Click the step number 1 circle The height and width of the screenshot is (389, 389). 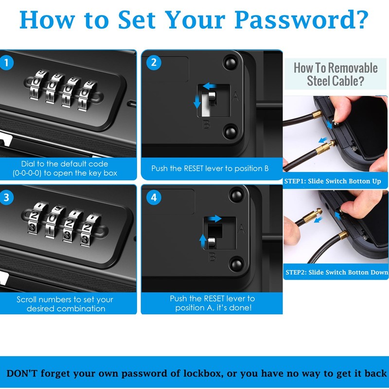tap(6, 63)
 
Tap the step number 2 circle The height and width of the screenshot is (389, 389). tap(154, 63)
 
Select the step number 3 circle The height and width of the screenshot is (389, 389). tap(6, 197)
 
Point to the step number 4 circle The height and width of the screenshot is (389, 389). tap(154, 197)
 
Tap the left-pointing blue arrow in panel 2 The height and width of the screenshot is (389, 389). tap(210, 86)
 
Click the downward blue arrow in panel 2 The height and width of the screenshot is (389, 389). tap(197, 102)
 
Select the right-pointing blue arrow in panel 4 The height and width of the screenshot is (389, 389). tap(214, 218)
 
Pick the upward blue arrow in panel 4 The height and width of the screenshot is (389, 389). tap(203, 241)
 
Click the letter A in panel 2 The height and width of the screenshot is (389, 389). tap(235, 96)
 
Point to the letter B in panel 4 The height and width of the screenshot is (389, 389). tap(212, 257)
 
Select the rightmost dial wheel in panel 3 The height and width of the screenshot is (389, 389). tap(88, 230)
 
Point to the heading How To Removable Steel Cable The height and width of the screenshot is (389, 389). tap(336, 74)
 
